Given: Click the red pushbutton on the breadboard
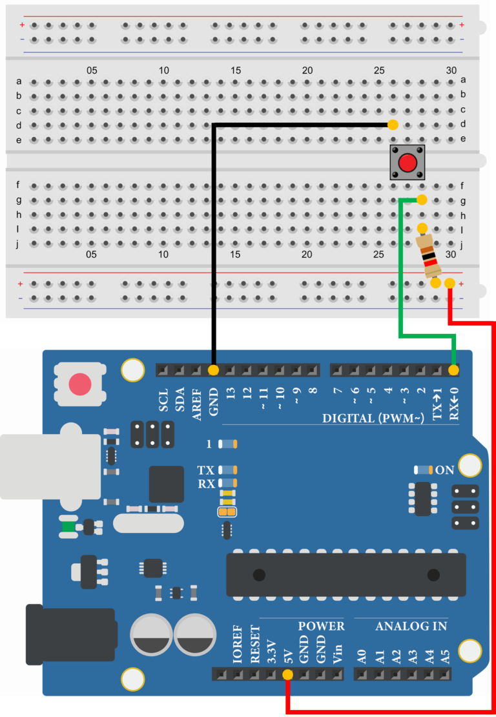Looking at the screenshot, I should (x=407, y=163).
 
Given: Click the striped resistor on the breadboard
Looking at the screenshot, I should (x=428, y=256).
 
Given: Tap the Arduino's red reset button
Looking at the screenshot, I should (x=80, y=384).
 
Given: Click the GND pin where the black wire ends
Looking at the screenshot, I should (x=213, y=370).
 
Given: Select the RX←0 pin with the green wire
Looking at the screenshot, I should (x=453, y=370).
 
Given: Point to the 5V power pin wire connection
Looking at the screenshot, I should (x=287, y=675).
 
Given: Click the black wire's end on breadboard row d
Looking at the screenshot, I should (x=393, y=125).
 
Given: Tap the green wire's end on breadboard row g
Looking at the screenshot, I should (x=421, y=200).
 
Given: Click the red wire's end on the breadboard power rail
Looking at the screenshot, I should (x=449, y=283).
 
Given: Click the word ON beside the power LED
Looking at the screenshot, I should (x=445, y=470).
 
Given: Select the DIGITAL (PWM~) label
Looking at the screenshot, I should (x=373, y=419).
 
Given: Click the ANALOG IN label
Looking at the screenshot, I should (x=411, y=626).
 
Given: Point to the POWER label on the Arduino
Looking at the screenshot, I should (x=321, y=626).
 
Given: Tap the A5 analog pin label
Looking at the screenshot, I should (x=444, y=656).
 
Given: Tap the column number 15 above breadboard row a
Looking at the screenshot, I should (x=236, y=70).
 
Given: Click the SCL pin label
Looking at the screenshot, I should (x=163, y=400).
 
